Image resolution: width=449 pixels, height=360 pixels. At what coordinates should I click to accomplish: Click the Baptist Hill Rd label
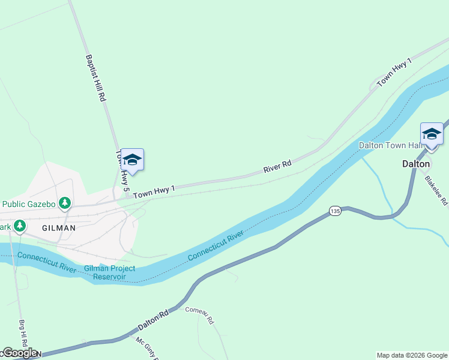click(95, 78)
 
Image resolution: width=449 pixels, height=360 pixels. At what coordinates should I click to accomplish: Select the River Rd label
click(277, 166)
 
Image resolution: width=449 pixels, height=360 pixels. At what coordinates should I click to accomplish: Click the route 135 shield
click(335, 211)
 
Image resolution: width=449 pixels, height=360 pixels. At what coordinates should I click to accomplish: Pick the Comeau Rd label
click(200, 315)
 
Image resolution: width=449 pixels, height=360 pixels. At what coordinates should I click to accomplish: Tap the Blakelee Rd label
click(436, 190)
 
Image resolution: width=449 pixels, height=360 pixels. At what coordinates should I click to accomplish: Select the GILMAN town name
click(59, 228)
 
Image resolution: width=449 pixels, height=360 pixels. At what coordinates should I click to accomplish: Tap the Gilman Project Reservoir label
click(109, 272)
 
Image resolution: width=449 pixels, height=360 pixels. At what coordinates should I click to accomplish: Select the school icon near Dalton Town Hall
click(432, 133)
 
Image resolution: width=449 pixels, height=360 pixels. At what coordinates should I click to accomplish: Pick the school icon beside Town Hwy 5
click(133, 160)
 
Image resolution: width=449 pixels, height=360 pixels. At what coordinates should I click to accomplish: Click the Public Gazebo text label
click(29, 203)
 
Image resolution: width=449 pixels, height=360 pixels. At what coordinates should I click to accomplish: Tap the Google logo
click(19, 353)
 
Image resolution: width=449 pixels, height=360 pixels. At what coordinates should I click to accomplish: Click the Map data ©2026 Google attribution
click(412, 355)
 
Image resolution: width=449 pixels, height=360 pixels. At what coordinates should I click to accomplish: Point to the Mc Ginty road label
click(146, 348)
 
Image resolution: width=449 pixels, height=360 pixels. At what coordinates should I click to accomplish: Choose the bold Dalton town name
click(415, 163)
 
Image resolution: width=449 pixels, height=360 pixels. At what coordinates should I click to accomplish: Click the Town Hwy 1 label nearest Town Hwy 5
click(154, 192)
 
